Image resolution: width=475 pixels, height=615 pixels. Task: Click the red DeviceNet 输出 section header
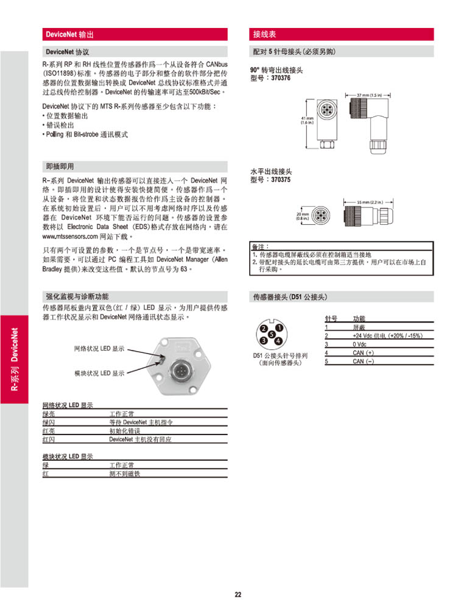coord(69,34)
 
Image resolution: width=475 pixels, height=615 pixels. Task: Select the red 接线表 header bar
coord(265,34)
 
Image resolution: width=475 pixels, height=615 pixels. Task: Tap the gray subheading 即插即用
coord(60,166)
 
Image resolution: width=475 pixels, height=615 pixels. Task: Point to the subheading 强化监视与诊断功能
coord(77,296)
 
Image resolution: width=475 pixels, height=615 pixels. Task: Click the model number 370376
coord(280,79)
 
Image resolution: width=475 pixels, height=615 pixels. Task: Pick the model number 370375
coord(280,180)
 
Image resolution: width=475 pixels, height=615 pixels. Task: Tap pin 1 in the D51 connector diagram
coord(278,328)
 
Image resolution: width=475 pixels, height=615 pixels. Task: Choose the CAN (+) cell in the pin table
coord(364,353)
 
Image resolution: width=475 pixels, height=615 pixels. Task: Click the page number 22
coord(238,595)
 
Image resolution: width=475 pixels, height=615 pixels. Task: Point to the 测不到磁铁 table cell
coord(124,474)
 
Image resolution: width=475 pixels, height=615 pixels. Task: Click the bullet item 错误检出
coord(58,124)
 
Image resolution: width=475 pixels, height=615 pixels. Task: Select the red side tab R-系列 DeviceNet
coord(14,359)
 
